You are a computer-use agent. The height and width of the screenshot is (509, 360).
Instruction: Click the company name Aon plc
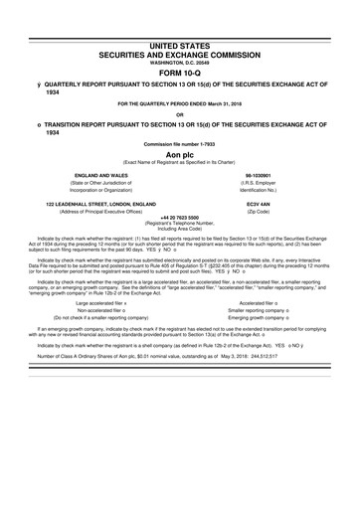click(x=179, y=158)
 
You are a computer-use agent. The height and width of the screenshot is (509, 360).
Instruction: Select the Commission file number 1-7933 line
click(x=179, y=145)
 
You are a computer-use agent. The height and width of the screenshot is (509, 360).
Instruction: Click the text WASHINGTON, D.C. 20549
click(x=179, y=62)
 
